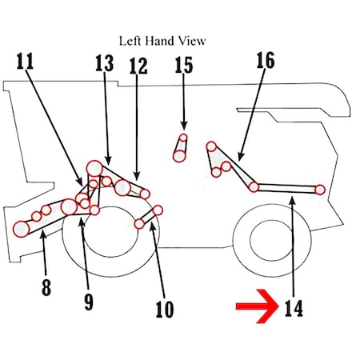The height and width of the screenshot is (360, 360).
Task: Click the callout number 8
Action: tap(46, 287)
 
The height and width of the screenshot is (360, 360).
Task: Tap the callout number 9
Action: tap(89, 301)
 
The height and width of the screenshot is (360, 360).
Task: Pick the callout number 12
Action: tap(138, 69)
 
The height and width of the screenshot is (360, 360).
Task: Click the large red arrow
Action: tap(254, 307)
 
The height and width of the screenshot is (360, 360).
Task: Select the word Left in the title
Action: tap(130, 39)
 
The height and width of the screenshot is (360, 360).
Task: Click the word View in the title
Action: tap(194, 39)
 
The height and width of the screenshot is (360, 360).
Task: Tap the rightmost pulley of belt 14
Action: tap(320, 190)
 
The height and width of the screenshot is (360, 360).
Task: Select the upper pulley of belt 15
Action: tap(183, 138)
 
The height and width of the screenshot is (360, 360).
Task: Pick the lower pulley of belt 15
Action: tap(179, 156)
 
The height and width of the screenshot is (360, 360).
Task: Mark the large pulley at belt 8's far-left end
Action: tap(22, 229)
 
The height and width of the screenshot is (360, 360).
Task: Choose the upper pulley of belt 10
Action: tap(158, 210)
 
